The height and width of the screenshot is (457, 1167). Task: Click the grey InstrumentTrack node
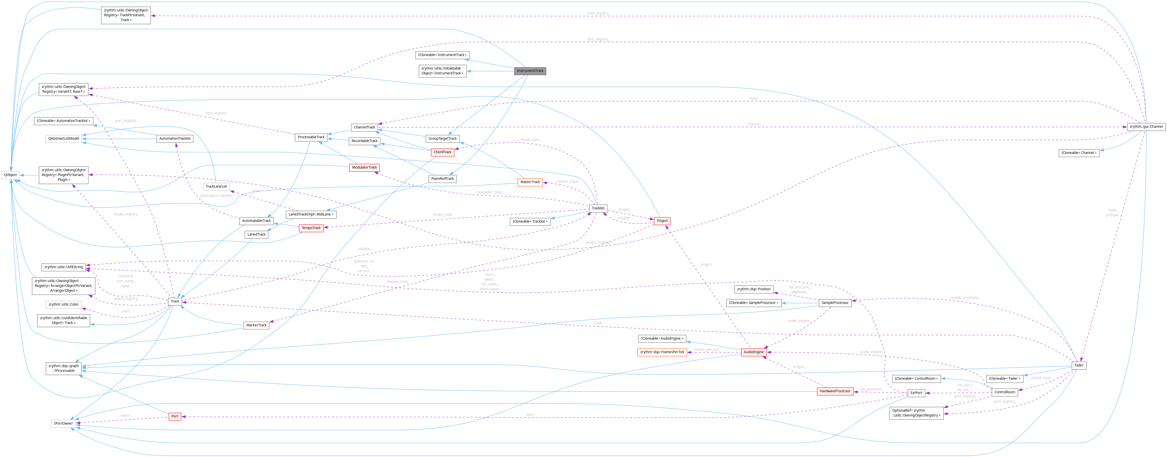[x=530, y=71]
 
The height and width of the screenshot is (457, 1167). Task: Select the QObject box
[x=10, y=175]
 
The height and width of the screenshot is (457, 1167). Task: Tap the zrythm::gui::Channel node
[x=1146, y=127]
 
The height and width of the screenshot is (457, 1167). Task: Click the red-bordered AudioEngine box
[x=753, y=352]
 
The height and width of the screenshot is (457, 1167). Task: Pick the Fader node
[x=1079, y=365]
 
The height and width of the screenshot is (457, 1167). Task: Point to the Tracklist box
[x=598, y=208]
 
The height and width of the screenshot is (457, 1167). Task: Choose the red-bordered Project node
[x=662, y=221]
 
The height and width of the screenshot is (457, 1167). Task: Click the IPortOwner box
[x=64, y=424]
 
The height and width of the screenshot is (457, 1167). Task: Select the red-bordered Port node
[x=175, y=416]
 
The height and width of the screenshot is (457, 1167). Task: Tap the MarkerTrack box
[x=256, y=325]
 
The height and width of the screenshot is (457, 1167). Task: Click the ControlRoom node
[x=1004, y=392]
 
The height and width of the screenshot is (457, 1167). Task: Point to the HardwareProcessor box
[x=835, y=391]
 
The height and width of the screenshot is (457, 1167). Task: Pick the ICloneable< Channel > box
[x=1079, y=153]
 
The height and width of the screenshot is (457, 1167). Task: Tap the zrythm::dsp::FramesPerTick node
[x=662, y=352]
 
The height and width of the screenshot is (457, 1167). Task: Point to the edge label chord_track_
[x=530, y=140]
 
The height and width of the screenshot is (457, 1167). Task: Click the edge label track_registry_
[x=598, y=14]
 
